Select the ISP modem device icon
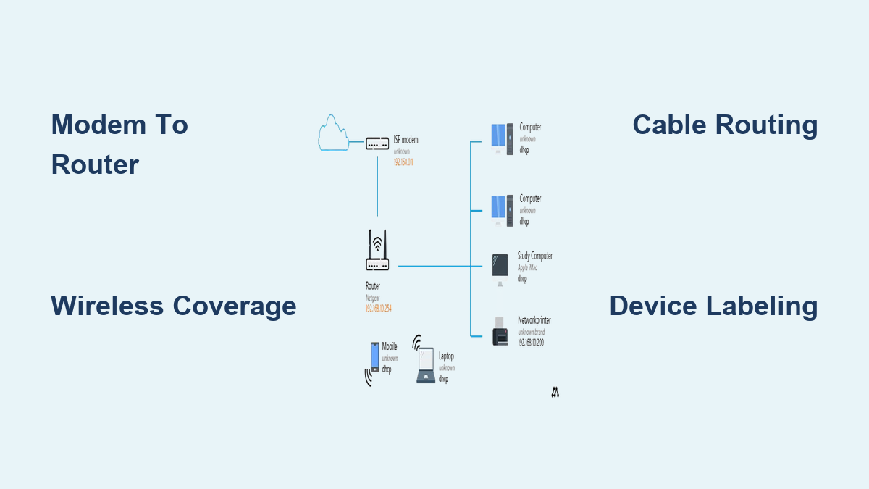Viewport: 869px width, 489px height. [x=377, y=143]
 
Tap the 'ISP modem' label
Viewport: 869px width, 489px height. [x=406, y=140]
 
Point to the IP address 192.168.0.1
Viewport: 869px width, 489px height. [x=403, y=162]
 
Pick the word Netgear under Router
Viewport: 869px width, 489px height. [x=373, y=297]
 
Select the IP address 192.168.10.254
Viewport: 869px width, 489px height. [x=379, y=308]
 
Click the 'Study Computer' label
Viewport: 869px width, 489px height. [x=534, y=256]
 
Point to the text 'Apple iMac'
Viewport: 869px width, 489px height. [x=527, y=267]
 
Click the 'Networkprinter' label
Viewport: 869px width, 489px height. [x=535, y=319]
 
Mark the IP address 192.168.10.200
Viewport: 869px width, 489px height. [x=530, y=342]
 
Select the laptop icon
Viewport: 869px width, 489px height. [x=426, y=366]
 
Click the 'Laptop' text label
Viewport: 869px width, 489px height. [x=446, y=356]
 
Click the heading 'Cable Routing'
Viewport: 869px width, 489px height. [x=725, y=125]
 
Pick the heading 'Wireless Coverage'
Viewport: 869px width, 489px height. [x=174, y=306]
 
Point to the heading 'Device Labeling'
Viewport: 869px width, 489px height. [x=713, y=306]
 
